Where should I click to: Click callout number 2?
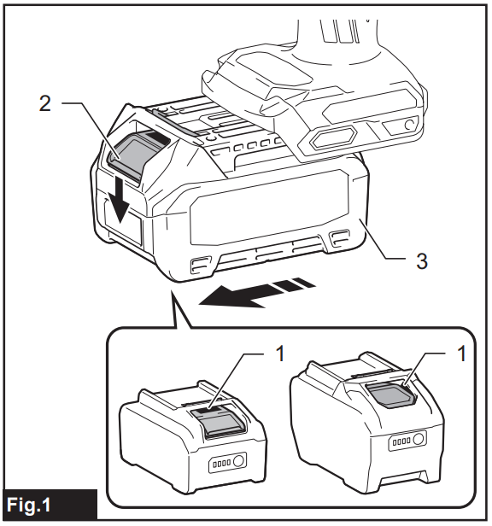[45, 103]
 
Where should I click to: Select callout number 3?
[421, 260]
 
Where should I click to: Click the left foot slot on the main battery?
[202, 265]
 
